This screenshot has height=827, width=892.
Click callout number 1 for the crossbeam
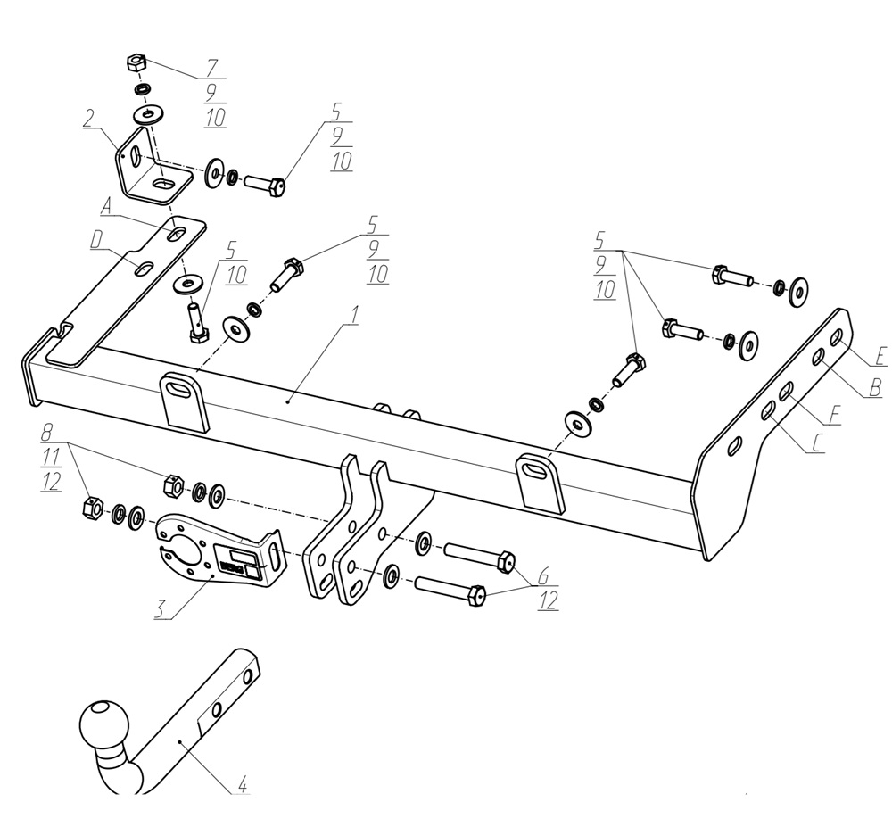pos(354,317)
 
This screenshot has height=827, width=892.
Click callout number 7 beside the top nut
pos(212,68)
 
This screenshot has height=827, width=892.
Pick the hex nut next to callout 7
pos(135,64)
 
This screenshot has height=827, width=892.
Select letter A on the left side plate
pos(106,207)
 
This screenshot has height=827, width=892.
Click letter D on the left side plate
pos(95,238)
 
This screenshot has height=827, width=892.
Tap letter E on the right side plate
pos(879,357)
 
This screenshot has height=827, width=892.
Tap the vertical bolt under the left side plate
pos(195,320)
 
